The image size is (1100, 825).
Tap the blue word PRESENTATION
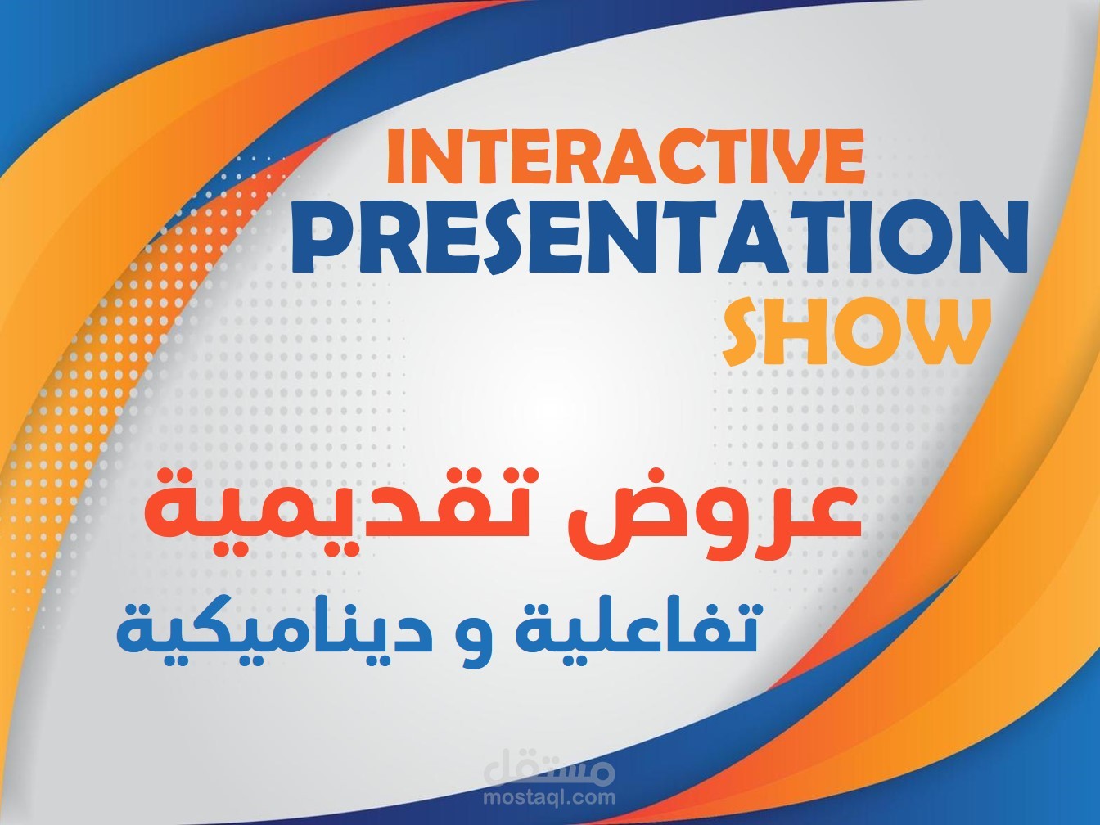(x=660, y=238)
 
